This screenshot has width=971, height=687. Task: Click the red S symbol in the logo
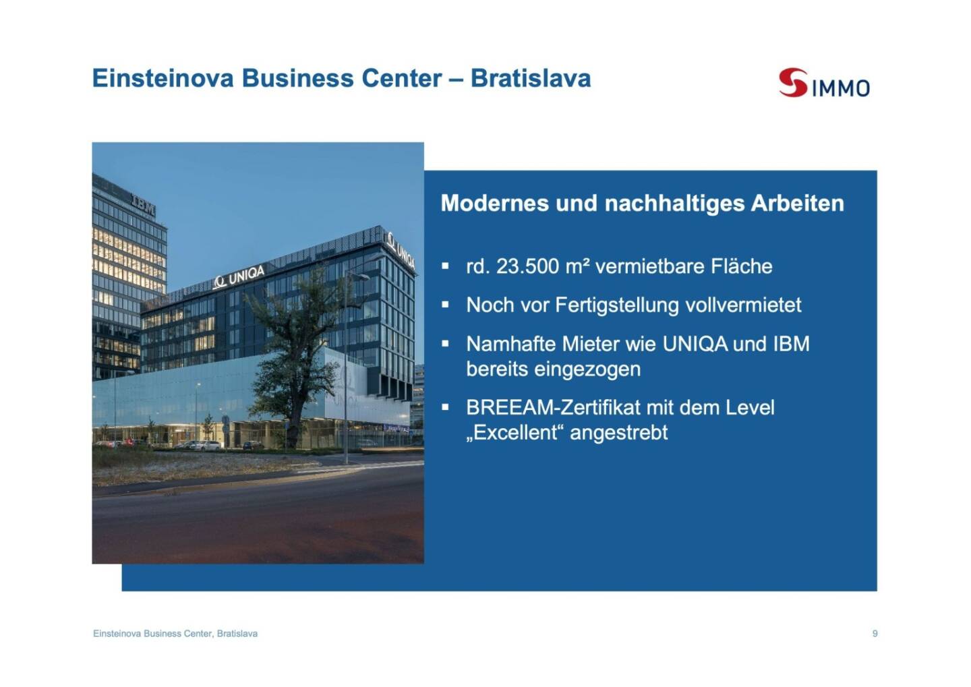point(793,82)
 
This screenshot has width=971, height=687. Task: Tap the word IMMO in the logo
point(840,88)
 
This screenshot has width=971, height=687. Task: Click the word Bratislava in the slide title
point(531,78)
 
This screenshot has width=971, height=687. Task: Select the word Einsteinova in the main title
point(163,78)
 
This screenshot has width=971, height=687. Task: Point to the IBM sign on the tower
point(143,204)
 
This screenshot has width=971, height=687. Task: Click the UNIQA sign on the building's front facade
point(239,277)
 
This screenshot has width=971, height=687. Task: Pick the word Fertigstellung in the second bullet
point(616,306)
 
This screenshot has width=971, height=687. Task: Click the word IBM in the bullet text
point(792,344)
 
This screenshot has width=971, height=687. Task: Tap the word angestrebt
point(618,434)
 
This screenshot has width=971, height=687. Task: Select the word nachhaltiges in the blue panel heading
point(674,204)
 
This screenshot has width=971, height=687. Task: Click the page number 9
point(875,634)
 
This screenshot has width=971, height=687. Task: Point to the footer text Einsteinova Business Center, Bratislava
point(175,634)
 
